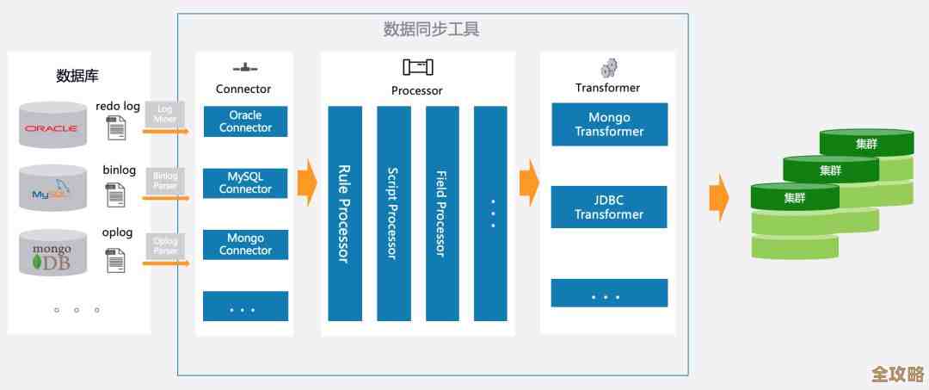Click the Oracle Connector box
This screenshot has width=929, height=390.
245,121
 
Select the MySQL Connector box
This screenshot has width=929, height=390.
245,183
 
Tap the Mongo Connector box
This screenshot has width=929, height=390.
245,245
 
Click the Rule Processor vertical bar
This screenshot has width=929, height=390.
344,213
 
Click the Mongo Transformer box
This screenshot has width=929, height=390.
609,124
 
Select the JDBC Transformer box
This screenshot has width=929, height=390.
609,207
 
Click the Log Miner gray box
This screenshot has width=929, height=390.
165,115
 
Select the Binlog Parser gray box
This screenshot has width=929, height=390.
165,181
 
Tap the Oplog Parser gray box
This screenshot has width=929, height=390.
165,246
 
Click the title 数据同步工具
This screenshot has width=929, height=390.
431,29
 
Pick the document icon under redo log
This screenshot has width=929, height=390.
115,128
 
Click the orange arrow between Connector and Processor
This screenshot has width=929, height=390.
306,183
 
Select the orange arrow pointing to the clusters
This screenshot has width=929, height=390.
718,197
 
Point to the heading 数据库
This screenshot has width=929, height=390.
77,76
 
